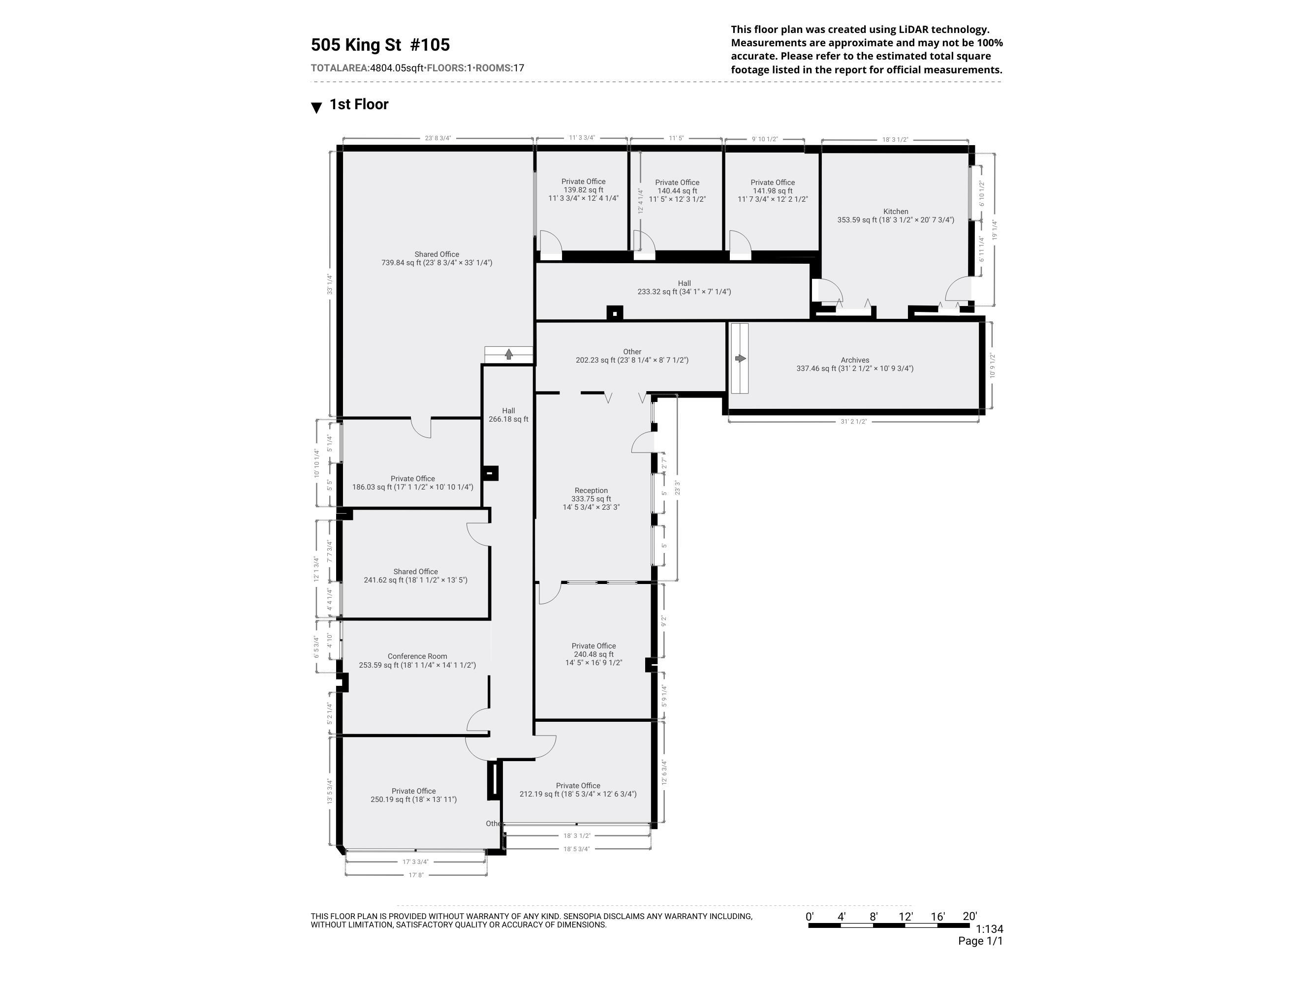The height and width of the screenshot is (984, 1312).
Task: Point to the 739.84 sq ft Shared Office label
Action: click(437, 259)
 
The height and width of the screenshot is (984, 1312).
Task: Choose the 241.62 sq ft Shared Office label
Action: click(415, 576)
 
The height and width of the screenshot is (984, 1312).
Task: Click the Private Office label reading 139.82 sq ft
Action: click(583, 190)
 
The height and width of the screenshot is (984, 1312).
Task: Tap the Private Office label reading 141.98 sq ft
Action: click(772, 191)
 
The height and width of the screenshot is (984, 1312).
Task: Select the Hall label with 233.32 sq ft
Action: click(684, 288)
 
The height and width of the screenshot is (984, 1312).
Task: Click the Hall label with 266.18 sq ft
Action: click(508, 415)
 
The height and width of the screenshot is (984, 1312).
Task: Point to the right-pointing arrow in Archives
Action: click(740, 358)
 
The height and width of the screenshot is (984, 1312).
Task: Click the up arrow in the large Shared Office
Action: click(508, 354)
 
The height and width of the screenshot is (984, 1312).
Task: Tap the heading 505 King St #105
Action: click(380, 45)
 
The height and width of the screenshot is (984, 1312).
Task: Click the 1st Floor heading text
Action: click(358, 104)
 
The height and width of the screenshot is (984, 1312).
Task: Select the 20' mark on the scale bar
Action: click(969, 917)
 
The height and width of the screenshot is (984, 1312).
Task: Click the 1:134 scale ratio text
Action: click(989, 929)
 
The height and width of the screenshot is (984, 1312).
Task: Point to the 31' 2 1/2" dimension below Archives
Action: click(853, 422)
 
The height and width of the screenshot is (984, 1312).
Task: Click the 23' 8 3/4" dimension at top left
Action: click(437, 138)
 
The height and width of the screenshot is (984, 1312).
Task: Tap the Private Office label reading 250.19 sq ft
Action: click(413, 796)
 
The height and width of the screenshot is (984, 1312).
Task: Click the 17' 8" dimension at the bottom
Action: click(415, 875)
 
